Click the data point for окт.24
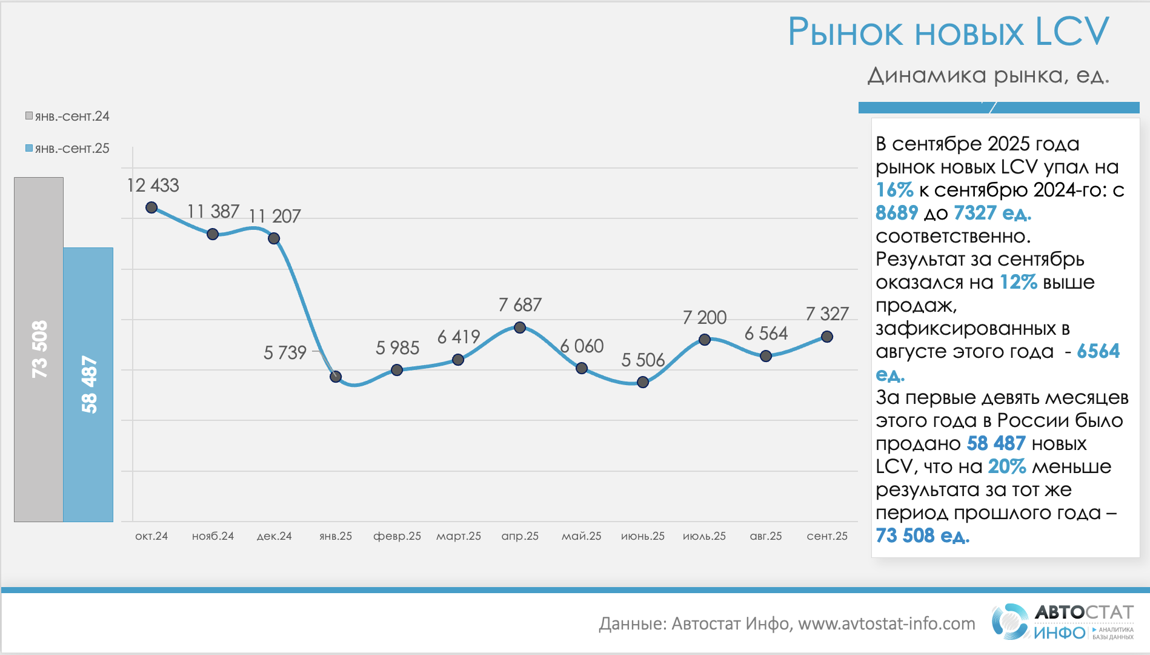(x=151, y=207)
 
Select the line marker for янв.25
(x=336, y=377)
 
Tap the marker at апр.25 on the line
(x=520, y=327)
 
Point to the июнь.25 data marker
(x=643, y=382)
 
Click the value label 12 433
(x=153, y=185)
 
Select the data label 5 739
(x=285, y=352)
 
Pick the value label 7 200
(x=704, y=317)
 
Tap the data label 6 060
(x=582, y=346)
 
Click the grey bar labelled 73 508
(x=39, y=349)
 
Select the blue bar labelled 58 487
(x=88, y=385)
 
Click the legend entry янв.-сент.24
(x=67, y=116)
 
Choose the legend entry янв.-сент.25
(x=67, y=149)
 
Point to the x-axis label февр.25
(x=397, y=536)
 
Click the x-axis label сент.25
(x=827, y=536)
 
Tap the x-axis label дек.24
(x=274, y=536)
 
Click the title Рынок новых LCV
(x=948, y=32)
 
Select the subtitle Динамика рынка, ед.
(x=988, y=75)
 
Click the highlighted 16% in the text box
(x=894, y=190)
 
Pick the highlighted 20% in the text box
(x=1006, y=466)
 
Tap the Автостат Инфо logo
(x=1063, y=622)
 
